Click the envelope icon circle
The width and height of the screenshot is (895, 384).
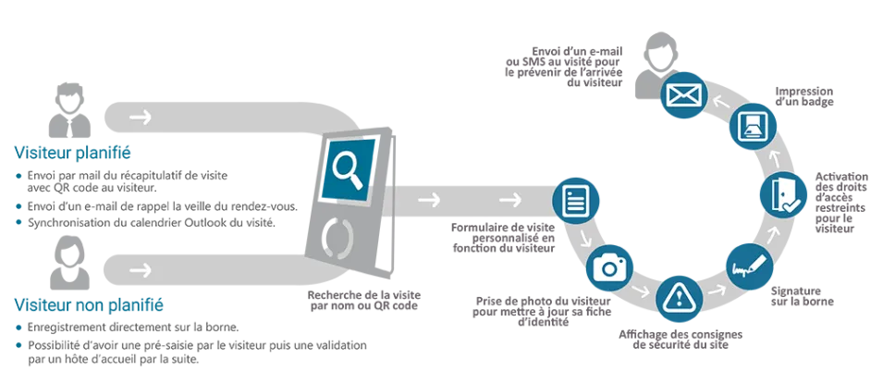tap(684, 94)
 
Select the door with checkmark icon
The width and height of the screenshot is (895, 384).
tap(783, 195)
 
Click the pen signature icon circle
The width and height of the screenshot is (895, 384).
tap(750, 266)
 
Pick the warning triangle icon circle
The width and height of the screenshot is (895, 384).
tap(679, 298)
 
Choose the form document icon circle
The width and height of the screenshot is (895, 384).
tap(576, 200)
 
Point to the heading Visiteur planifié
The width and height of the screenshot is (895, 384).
tap(72, 154)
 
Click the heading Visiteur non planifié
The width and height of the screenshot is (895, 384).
tap(89, 305)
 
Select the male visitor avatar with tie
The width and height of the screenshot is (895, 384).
tap(69, 110)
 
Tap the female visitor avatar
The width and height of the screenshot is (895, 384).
tap(69, 263)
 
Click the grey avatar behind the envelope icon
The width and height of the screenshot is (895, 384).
tap(657, 66)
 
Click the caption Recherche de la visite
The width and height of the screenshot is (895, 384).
tap(364, 295)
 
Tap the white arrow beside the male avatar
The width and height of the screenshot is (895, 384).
tap(140, 118)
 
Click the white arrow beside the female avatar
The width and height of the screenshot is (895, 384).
tap(140, 269)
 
